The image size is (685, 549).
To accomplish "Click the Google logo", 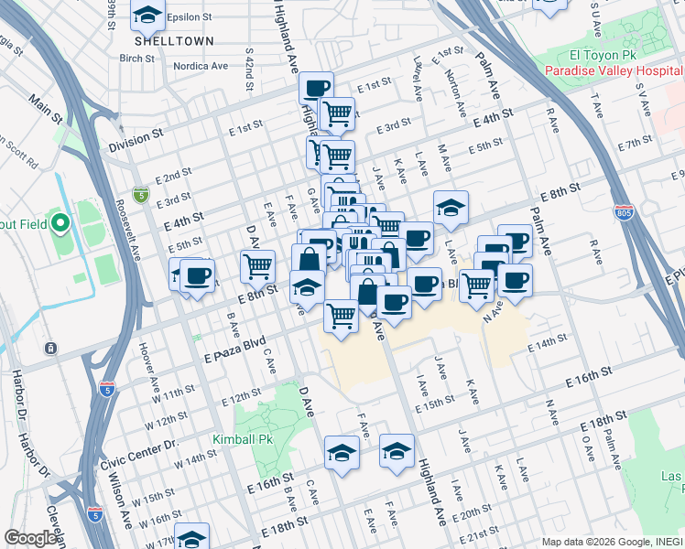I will pos(30,538).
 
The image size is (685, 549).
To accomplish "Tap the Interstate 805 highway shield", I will pos(624,212).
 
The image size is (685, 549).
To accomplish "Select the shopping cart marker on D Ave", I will pos(258,265).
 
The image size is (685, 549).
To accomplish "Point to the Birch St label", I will pos(136,58).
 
